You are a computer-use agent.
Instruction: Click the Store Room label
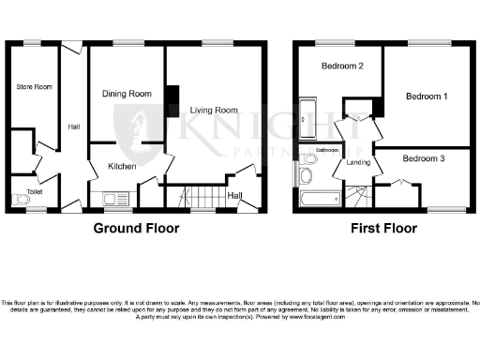click(x=34, y=87)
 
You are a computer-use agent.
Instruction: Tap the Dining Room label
click(x=127, y=94)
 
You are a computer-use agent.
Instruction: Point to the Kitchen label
click(x=122, y=166)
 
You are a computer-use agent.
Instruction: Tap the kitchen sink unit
click(x=117, y=198)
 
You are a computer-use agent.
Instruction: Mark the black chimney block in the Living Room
click(x=172, y=99)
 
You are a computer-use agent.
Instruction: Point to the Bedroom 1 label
click(x=427, y=97)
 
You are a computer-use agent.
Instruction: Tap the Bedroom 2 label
click(x=342, y=66)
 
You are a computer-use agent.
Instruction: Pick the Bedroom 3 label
click(x=424, y=158)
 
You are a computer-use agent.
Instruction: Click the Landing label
click(x=357, y=163)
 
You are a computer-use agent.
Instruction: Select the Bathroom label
click(x=326, y=150)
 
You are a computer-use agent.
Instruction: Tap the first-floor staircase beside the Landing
click(x=356, y=195)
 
